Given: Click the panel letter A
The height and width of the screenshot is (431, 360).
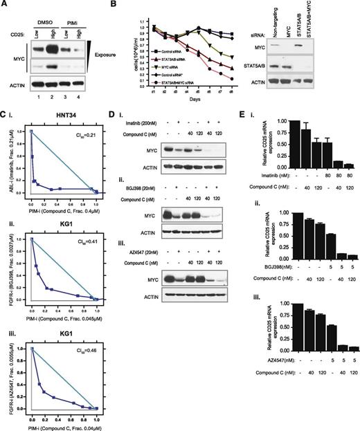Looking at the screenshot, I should tap(5, 6).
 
